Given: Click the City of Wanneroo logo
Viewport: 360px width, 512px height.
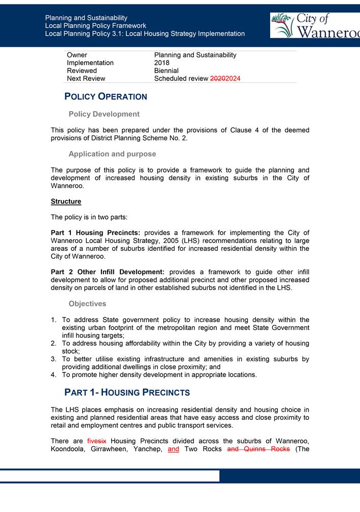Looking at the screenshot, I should point(315,25).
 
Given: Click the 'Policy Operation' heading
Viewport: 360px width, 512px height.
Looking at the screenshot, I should point(106,97).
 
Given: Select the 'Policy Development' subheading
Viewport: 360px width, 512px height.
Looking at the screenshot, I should point(104,114).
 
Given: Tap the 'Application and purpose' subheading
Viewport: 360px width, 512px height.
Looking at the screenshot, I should point(112,154).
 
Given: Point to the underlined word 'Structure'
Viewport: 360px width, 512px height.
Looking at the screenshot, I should point(66,202).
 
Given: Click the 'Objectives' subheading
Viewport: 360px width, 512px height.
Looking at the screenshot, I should point(87,304).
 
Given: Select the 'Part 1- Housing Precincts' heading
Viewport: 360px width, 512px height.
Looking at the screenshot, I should point(127,392).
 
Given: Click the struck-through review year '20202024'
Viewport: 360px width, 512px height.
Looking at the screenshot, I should point(225,78).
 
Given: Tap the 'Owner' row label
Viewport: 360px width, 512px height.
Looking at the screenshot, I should point(77,55).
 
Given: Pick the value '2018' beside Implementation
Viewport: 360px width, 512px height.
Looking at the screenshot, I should point(162,63).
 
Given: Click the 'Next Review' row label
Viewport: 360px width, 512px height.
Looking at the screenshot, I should point(86,78).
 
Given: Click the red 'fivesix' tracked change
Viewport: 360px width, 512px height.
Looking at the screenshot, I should point(97,441).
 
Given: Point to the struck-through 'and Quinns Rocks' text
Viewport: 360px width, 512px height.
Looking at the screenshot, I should point(258,449).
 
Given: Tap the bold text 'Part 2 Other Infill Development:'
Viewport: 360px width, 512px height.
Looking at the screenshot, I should point(108,272).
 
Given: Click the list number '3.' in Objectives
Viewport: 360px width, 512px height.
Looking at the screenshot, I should point(54,359).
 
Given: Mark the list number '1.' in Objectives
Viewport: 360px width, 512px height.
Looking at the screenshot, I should point(54,320).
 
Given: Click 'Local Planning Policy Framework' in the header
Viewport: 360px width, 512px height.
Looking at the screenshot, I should point(95,25).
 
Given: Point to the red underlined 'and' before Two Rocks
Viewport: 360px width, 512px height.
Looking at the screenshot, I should point(173,449).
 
